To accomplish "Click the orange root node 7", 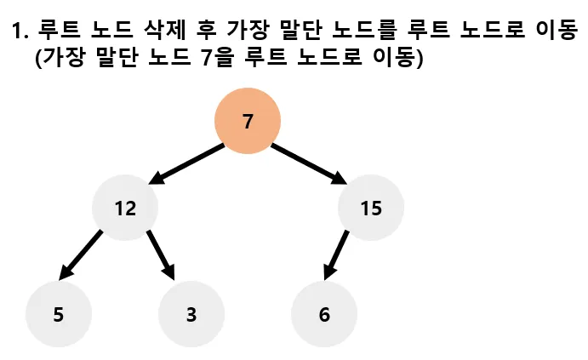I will (248, 121).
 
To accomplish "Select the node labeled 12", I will (125, 208).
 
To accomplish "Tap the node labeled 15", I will (371, 208).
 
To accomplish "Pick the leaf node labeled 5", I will (58, 314).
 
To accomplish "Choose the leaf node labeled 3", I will (191, 314).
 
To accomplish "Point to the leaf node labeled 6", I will (324, 314).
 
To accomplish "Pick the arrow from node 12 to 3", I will (161, 254).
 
